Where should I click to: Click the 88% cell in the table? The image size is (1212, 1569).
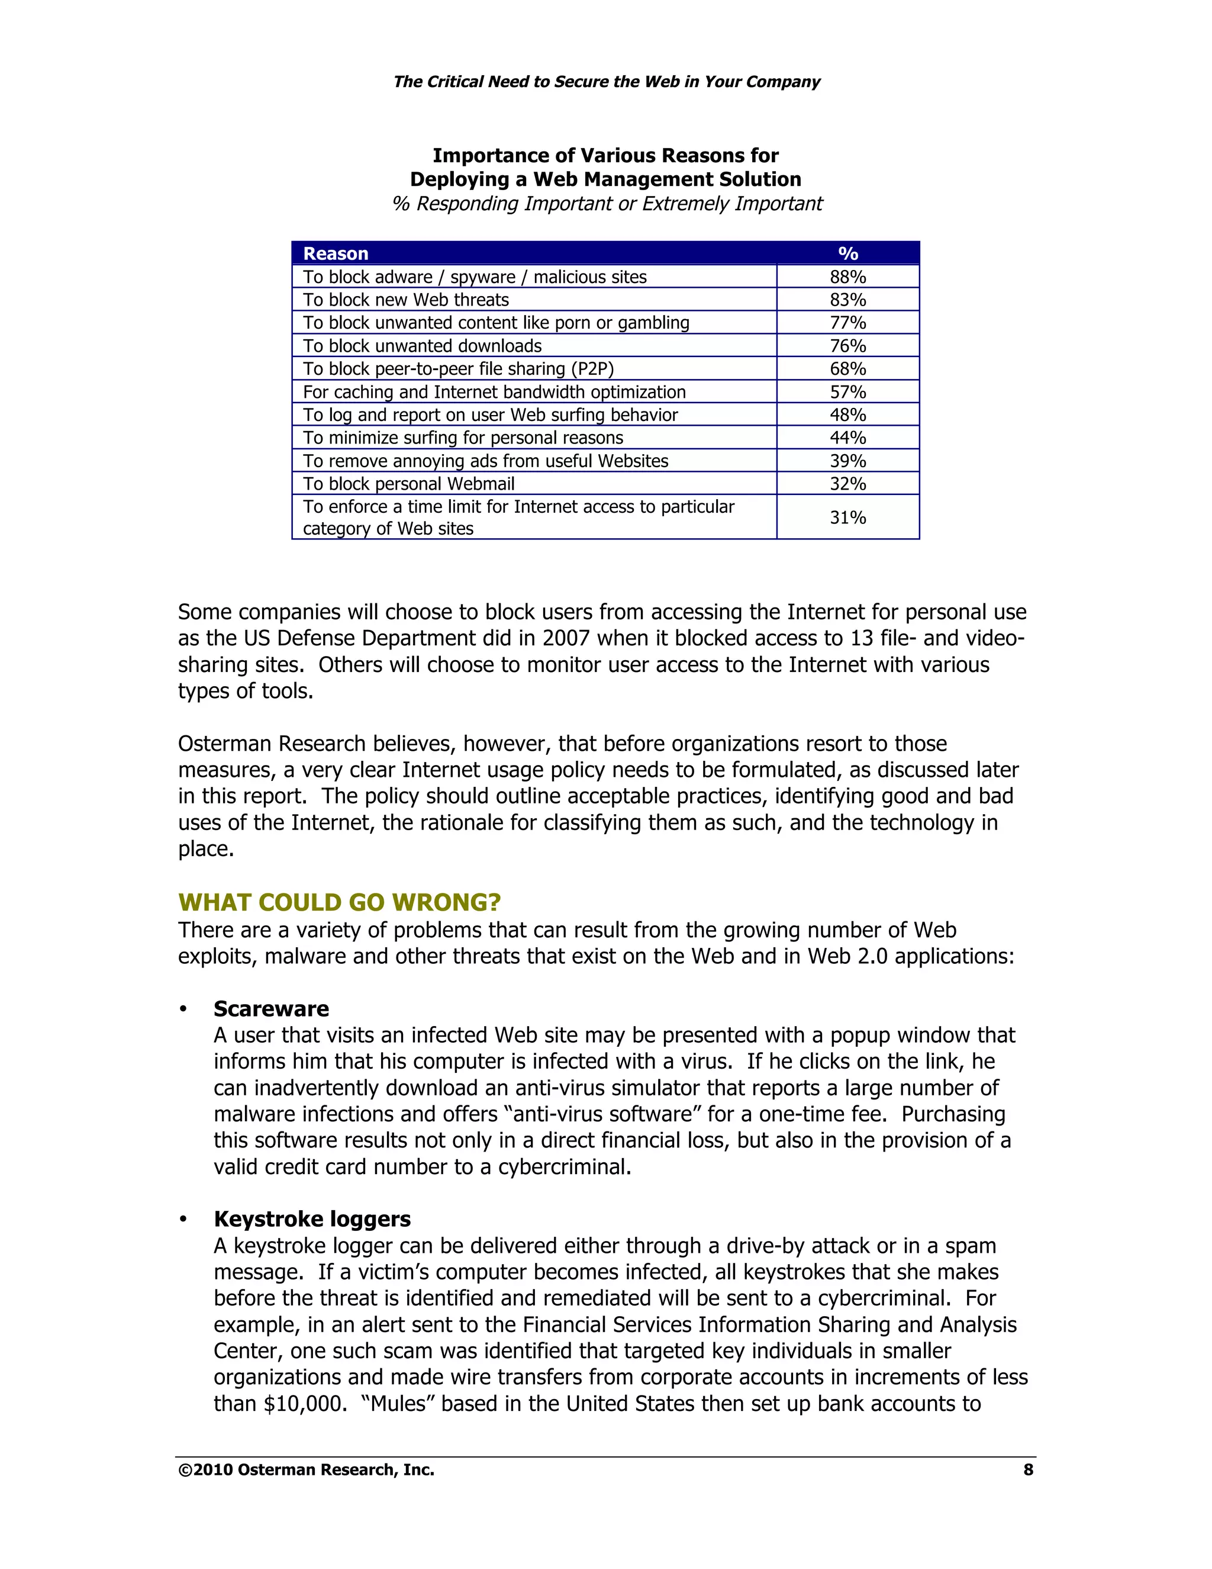pos(847,276)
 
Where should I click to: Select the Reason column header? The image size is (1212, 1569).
pos(336,253)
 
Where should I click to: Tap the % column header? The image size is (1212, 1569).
pos(847,253)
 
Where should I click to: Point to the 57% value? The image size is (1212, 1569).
pos(847,391)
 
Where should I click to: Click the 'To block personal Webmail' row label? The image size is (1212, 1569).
pos(408,484)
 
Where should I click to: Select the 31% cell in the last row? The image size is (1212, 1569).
pos(847,517)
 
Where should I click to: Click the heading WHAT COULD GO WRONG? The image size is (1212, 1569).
pos(339,902)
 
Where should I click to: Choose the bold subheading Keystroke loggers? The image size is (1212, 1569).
pos(312,1219)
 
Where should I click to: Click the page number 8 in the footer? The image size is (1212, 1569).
pos(1027,1470)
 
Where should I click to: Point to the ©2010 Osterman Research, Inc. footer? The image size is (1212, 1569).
pos(306,1470)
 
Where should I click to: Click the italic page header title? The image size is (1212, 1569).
pos(606,81)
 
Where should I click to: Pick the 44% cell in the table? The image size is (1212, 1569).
pos(847,438)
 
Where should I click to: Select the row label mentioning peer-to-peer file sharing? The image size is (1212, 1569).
pos(458,368)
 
